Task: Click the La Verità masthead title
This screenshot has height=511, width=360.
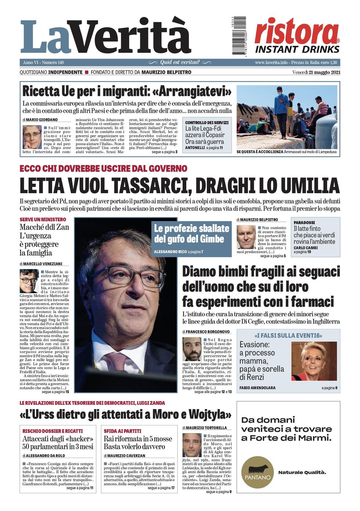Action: tap(105, 37)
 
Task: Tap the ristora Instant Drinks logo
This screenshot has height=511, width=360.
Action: tap(297, 36)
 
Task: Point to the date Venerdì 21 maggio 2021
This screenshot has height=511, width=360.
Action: tap(316, 72)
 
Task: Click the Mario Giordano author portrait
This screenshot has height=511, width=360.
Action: tap(32, 137)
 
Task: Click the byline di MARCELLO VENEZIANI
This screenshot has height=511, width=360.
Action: tap(41, 264)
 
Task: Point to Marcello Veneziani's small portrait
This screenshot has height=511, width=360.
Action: tap(29, 281)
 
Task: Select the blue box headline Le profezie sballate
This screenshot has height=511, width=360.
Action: tap(191, 234)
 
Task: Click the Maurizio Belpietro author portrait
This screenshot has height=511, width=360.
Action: tap(246, 237)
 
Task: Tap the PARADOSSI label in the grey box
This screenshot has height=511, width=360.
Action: tap(304, 223)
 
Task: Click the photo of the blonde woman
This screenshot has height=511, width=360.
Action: tap(314, 361)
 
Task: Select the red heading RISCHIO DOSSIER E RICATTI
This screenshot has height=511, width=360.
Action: tap(53, 431)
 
